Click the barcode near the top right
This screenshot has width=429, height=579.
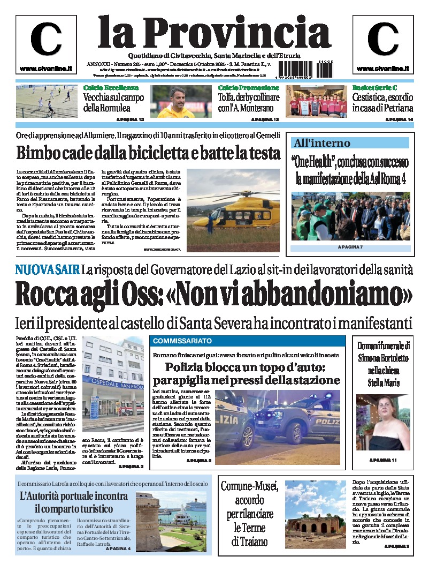pos(305,70)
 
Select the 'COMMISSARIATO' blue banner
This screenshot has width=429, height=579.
pos(182,341)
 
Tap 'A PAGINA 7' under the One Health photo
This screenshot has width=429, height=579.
pos(350,247)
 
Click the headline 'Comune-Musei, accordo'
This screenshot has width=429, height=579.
pos(249,493)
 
